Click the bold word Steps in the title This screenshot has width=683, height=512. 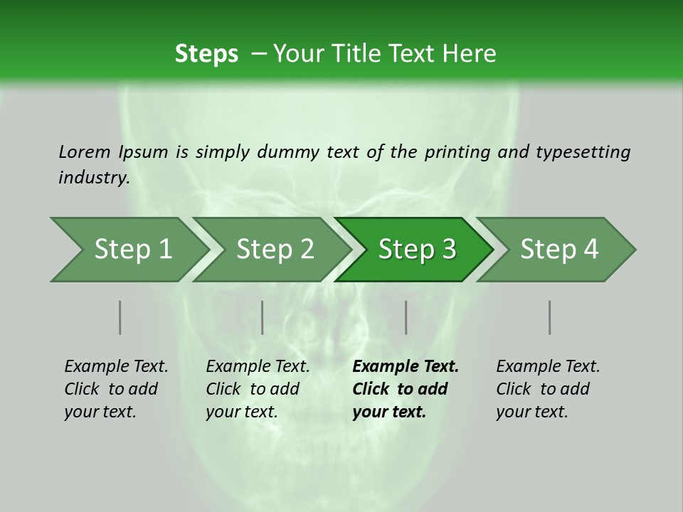tap(206, 54)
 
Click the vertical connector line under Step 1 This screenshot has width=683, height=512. tap(120, 317)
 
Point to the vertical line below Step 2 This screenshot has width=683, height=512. tap(263, 317)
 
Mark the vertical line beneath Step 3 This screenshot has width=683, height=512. tap(406, 317)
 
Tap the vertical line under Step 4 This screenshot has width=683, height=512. tap(550, 317)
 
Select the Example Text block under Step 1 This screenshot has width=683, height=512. tap(116, 389)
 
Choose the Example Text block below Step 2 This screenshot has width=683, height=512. tap(258, 389)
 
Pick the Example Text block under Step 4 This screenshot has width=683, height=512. tap(548, 389)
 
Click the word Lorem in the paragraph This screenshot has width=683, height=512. tap(84, 152)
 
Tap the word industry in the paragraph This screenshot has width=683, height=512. tap(93, 177)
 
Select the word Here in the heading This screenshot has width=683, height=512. tap(473, 54)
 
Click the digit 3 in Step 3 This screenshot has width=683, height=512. tap(448, 250)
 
